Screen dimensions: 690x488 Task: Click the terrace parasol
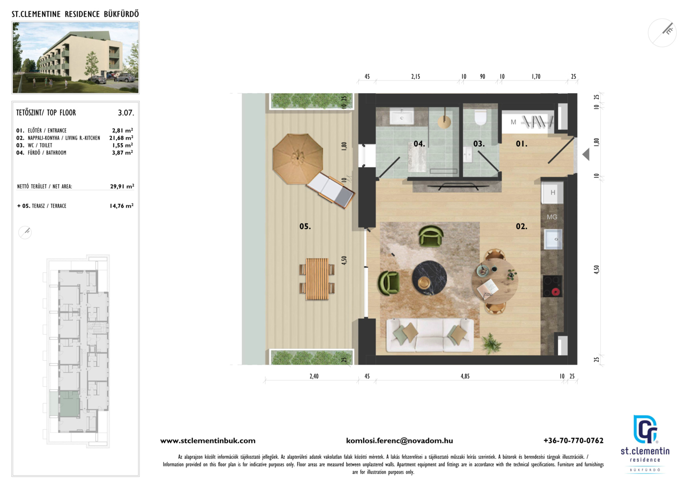click(x=298, y=159)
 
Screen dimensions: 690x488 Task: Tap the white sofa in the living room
click(x=430, y=336)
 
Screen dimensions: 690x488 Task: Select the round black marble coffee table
click(x=429, y=278)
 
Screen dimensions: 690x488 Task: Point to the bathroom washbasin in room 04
click(x=402, y=117)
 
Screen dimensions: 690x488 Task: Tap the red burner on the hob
click(x=555, y=292)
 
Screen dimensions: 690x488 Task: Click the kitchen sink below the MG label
click(x=553, y=239)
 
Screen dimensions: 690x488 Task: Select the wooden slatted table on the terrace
click(x=317, y=279)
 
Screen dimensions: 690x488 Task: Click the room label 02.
click(x=521, y=226)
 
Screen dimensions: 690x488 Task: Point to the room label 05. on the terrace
click(x=305, y=226)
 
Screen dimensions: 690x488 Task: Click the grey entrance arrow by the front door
click(x=586, y=154)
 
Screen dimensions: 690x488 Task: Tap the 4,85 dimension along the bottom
click(x=465, y=376)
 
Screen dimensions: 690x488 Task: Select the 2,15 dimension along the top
click(x=415, y=76)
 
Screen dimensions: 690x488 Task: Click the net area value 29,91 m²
click(x=122, y=187)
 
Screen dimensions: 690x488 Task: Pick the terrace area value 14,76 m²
click(x=122, y=206)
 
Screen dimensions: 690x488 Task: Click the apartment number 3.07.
click(x=126, y=113)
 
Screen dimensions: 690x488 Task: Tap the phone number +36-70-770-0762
click(x=573, y=441)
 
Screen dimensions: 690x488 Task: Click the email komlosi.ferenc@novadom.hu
click(x=400, y=441)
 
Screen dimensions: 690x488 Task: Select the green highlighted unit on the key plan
click(x=69, y=404)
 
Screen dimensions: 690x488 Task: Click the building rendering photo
click(x=75, y=57)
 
